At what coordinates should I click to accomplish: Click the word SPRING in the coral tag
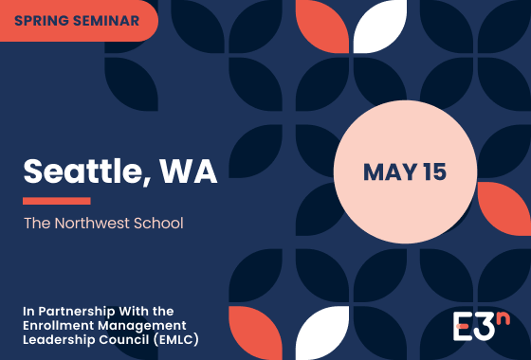point(43,19)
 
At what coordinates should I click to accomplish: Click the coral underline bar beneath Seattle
point(56,201)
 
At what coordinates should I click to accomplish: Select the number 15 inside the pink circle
point(435,172)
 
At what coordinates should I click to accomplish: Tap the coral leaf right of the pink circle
point(505,208)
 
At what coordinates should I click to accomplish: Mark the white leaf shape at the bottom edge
point(322,336)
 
